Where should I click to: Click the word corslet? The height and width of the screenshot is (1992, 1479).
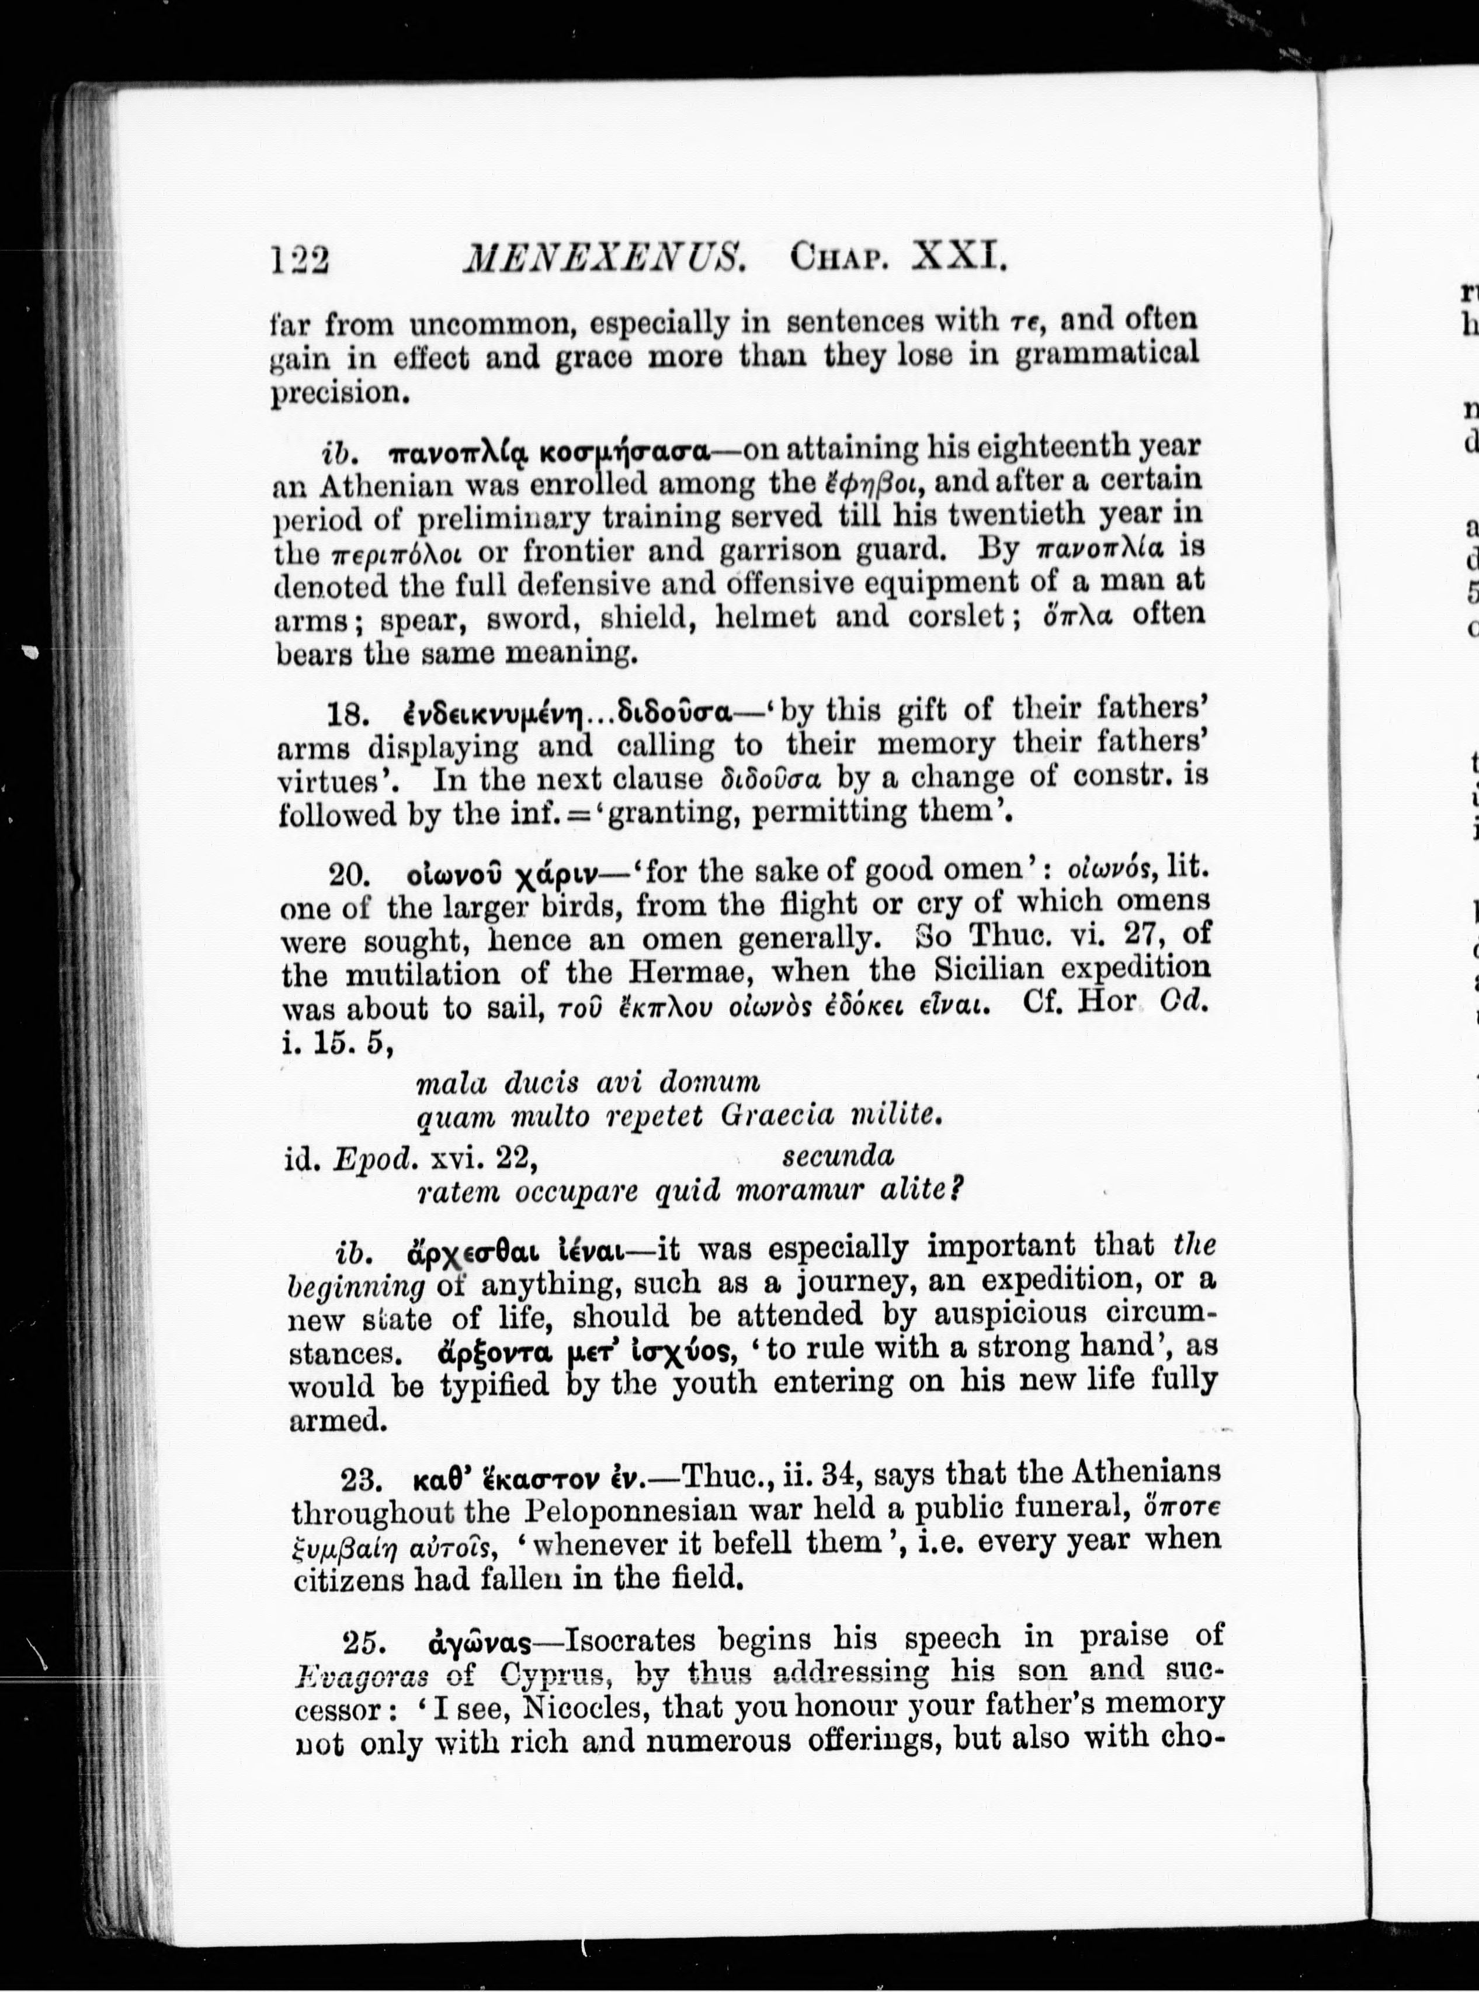958,617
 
